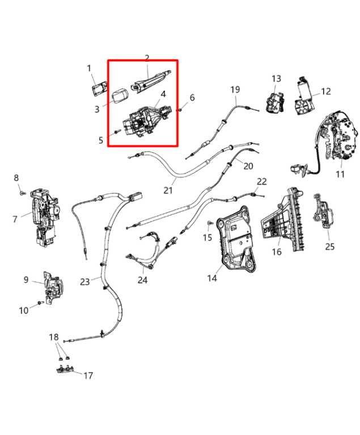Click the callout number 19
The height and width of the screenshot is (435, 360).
pos(235,89)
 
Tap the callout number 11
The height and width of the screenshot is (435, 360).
pos(340,174)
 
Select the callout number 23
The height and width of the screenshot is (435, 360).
pos(85,282)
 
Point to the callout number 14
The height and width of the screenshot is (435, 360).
pos(212,278)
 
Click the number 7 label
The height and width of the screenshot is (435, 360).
pos(15,219)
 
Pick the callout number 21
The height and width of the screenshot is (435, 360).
pos(168,190)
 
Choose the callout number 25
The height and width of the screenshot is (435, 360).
pos(330,246)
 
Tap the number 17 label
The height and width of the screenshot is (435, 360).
pos(88,375)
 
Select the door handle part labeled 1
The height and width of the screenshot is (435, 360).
pos(100,89)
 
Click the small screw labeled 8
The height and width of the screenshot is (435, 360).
pos(22,193)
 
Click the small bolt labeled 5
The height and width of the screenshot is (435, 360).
pos(116,132)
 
